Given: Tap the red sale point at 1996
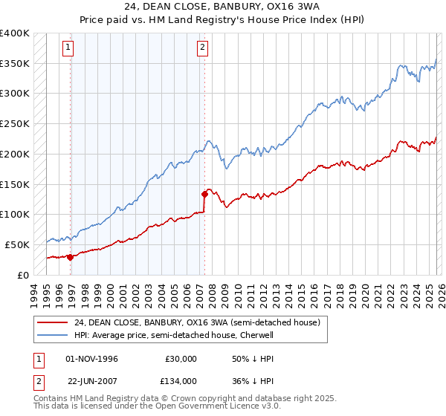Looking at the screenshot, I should point(71,257).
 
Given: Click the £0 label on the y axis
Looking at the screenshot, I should point(24,275).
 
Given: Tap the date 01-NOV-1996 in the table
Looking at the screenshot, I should point(91,359).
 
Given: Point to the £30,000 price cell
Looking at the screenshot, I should point(182,359).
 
